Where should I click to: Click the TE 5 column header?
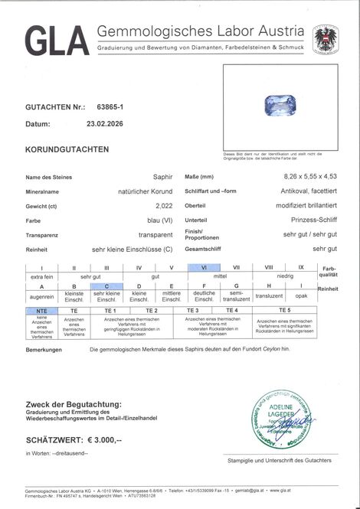[284, 310]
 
